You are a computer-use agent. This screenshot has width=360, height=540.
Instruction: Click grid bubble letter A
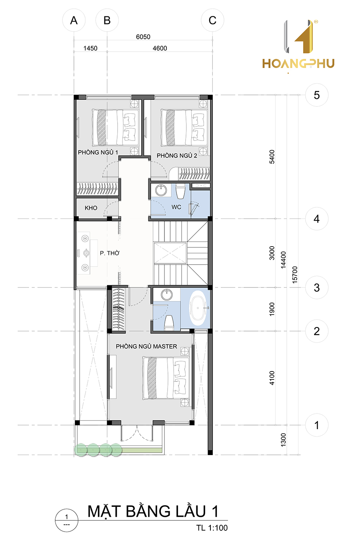coord(74,20)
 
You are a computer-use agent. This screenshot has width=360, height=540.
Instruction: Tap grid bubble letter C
coord(212,20)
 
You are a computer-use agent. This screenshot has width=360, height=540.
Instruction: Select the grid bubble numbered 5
coord(317,95)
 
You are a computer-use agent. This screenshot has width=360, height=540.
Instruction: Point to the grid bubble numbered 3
coord(317,287)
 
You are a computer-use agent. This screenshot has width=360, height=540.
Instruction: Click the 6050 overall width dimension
coord(143,37)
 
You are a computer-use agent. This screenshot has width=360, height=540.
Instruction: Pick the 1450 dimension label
coord(90,48)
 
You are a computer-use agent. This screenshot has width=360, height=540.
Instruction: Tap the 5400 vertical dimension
coord(272,157)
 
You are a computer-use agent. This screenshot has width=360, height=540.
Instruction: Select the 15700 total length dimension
coord(295,275)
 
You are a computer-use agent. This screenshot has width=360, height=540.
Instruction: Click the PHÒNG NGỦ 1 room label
coord(98,153)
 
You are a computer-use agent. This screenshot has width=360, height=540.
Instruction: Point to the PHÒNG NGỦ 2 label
coord(177,155)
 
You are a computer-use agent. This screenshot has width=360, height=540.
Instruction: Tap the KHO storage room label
coord(91,208)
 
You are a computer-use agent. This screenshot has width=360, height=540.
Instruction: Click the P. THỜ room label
coord(110,253)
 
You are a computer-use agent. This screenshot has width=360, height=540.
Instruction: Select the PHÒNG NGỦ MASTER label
coord(146,346)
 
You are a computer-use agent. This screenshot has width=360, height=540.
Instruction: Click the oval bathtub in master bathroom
coord(198,308)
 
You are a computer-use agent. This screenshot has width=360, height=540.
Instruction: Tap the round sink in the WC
coord(161,190)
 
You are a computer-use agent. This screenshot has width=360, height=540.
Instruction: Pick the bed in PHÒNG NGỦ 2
coord(184,128)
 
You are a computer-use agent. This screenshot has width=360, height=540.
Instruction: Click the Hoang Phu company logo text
coord(298,63)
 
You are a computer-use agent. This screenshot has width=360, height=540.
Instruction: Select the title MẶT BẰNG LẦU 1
coord(153,511)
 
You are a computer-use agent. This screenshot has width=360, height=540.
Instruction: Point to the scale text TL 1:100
coord(212,528)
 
